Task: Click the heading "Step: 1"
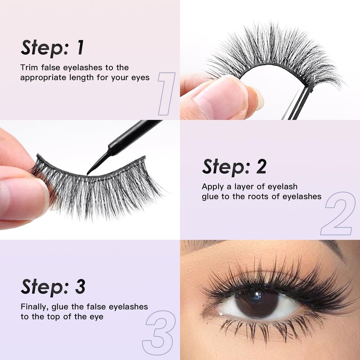point(52,48)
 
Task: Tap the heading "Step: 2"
point(234,166)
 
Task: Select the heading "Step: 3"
point(53,287)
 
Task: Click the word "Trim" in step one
point(29,67)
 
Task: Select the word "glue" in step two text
point(210,197)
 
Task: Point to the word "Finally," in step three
point(35,307)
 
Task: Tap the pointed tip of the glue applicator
point(87,174)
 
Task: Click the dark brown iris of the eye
point(256,302)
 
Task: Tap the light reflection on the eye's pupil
point(256,297)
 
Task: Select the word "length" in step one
point(82,78)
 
